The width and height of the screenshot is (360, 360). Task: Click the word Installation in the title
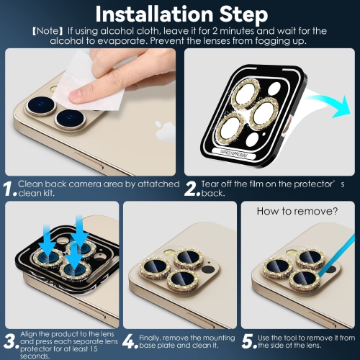pyautogui.click(x=154, y=14)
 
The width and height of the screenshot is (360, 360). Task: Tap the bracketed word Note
pyautogui.click(x=48, y=31)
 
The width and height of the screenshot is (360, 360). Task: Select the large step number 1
pyautogui.click(x=9, y=189)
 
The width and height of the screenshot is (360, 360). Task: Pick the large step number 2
pyautogui.click(x=192, y=189)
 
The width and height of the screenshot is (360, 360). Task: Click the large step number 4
pyautogui.click(x=130, y=341)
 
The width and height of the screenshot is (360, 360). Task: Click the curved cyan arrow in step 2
pyautogui.click(x=329, y=105)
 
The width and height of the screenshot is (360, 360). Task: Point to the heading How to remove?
pyautogui.click(x=297, y=211)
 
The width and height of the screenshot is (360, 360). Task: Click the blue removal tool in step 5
pyautogui.click(x=337, y=255)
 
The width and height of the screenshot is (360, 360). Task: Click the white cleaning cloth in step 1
pyautogui.click(x=89, y=81)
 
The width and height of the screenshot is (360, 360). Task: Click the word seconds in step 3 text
pyautogui.click(x=35, y=356)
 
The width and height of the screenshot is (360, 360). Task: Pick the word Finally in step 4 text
pyautogui.click(x=150, y=338)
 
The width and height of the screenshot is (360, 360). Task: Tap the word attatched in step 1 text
pyautogui.click(x=158, y=184)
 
